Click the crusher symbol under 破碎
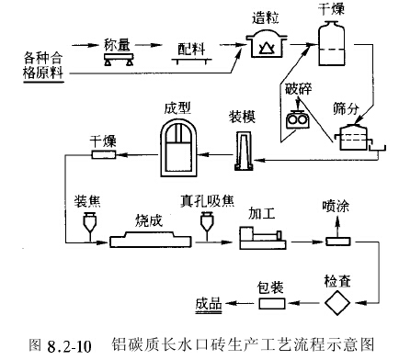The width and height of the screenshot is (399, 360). click(x=297, y=118)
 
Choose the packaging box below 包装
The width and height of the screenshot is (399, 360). click(x=270, y=303)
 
